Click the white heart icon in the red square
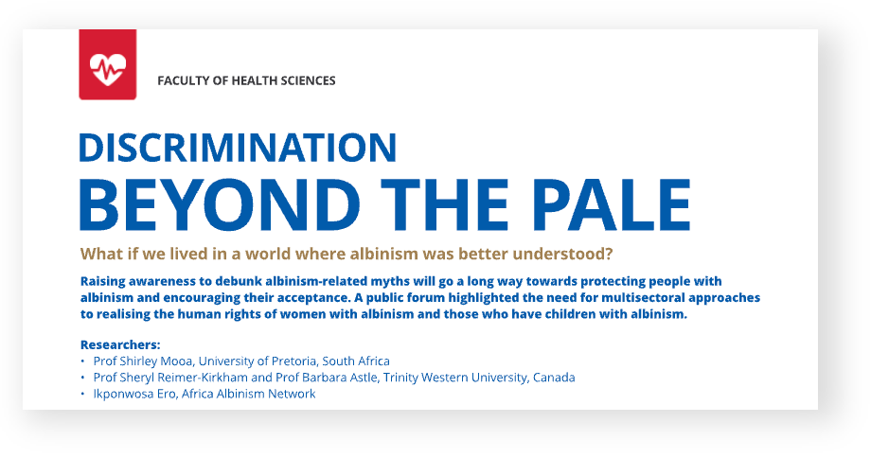click(108, 69)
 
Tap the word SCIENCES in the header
click(308, 81)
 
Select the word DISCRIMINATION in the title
click(238, 147)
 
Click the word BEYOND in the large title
click(220, 204)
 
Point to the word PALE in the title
click(611, 204)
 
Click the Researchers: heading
click(120, 344)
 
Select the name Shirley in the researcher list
click(139, 361)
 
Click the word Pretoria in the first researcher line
click(294, 361)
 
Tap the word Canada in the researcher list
click(554, 378)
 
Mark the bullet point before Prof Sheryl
click(82, 379)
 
